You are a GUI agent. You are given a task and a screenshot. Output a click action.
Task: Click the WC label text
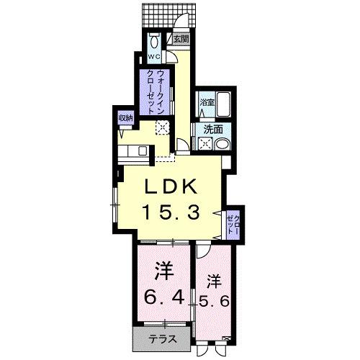click(x=154, y=55)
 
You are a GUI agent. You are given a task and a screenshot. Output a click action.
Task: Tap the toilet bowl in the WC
click(x=154, y=40)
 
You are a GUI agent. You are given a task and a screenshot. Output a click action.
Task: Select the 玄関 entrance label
click(x=181, y=39)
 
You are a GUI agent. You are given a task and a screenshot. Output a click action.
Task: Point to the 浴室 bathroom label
click(x=207, y=103)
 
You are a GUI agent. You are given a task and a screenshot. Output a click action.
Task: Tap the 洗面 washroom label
click(x=212, y=130)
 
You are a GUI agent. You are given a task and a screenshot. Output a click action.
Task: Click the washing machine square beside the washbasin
click(x=207, y=143)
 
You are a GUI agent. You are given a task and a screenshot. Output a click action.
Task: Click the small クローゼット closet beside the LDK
click(x=232, y=218)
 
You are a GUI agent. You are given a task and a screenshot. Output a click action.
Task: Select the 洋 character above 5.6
click(x=213, y=279)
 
